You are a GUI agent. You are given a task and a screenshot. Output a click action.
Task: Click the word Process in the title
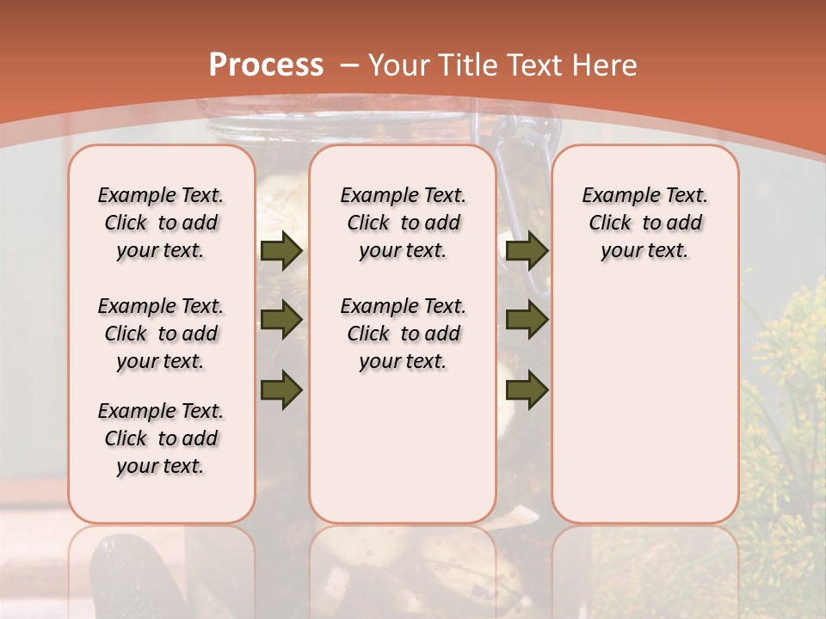267,64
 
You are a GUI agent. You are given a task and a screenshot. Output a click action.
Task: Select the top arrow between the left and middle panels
280,250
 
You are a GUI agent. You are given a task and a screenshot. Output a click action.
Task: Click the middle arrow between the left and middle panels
280,320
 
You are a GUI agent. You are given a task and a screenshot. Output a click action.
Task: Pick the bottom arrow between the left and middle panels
280,389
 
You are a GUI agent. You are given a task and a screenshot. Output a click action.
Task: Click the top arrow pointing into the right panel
527,250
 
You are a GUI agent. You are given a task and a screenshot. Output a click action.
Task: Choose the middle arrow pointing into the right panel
527,320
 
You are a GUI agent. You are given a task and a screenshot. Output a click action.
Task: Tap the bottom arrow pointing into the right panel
527,389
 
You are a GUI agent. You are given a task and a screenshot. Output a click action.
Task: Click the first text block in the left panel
160,223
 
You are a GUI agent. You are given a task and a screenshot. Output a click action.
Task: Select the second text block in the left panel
160,334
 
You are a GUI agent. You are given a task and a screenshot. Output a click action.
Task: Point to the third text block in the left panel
160,438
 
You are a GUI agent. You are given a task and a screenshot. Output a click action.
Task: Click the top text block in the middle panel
403,223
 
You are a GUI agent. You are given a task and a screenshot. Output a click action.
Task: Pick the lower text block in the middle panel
403,334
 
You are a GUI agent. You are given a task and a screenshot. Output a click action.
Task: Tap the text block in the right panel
644,223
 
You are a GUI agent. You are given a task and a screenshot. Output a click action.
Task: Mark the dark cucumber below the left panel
129,576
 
